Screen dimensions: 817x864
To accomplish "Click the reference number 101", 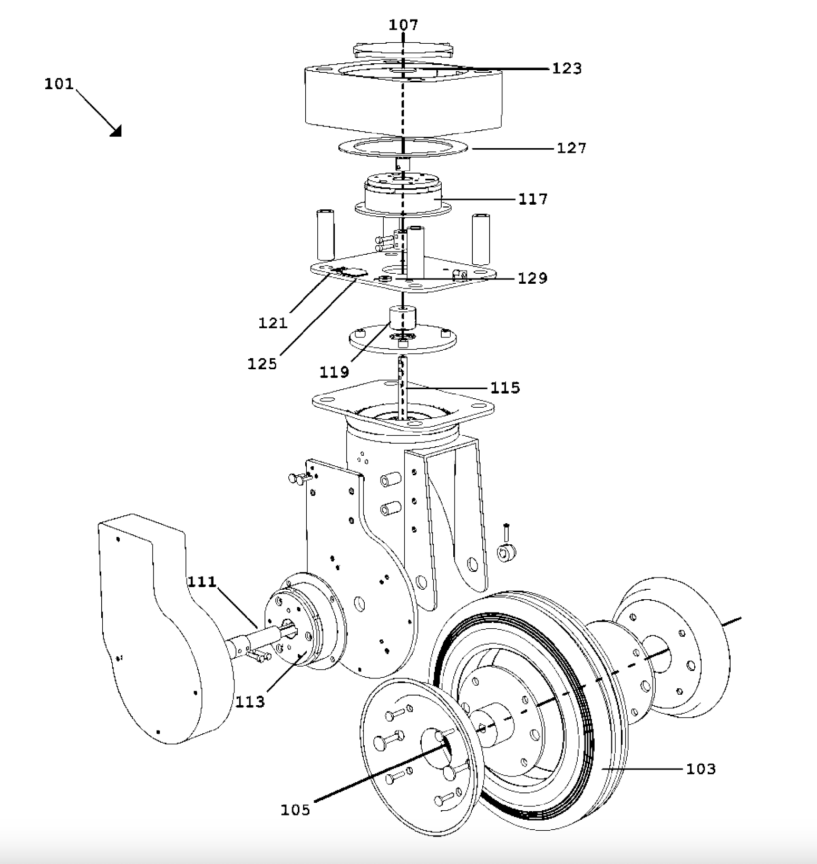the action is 59,84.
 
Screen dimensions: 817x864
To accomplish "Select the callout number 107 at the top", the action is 403,25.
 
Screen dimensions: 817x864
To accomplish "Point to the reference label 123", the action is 567,69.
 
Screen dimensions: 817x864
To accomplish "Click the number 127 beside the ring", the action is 571,148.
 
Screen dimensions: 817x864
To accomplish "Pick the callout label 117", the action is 533,199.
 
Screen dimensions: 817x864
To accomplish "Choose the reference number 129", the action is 532,279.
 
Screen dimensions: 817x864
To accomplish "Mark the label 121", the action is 273,323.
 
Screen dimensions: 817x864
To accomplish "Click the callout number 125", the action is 262,364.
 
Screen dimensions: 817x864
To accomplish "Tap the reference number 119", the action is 334,372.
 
